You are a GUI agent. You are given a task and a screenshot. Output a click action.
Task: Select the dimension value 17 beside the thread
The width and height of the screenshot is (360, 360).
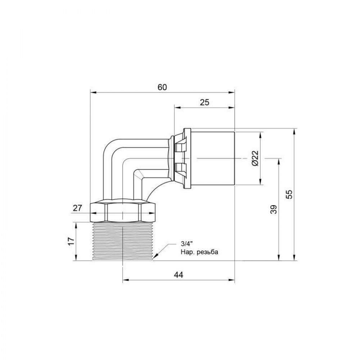point(71,240)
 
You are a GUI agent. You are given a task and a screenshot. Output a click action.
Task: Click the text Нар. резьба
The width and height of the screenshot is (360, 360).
point(199,252)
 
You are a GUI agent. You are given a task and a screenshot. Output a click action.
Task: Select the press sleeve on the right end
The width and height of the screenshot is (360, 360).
point(212,158)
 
